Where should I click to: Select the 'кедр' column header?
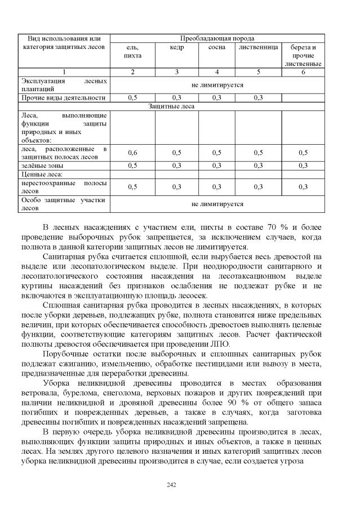176,48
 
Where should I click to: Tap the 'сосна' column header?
217,48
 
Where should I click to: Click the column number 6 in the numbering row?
303,72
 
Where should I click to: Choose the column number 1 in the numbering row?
64,72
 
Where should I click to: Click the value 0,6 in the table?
132,153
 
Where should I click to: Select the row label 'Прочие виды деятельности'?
63,97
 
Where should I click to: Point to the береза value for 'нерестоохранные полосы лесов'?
303,187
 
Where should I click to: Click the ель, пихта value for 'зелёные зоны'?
132,166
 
